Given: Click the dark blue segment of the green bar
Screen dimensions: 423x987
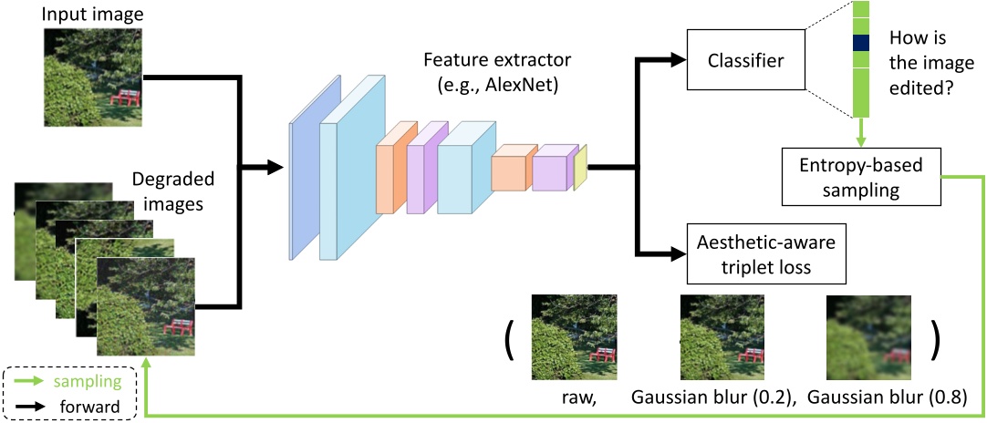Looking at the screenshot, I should point(859,43).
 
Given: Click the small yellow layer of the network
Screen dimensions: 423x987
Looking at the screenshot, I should point(580,167).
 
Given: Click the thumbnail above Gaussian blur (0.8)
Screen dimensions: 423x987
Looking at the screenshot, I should point(868,336).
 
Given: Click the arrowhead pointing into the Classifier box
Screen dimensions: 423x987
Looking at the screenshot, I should point(677,60).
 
